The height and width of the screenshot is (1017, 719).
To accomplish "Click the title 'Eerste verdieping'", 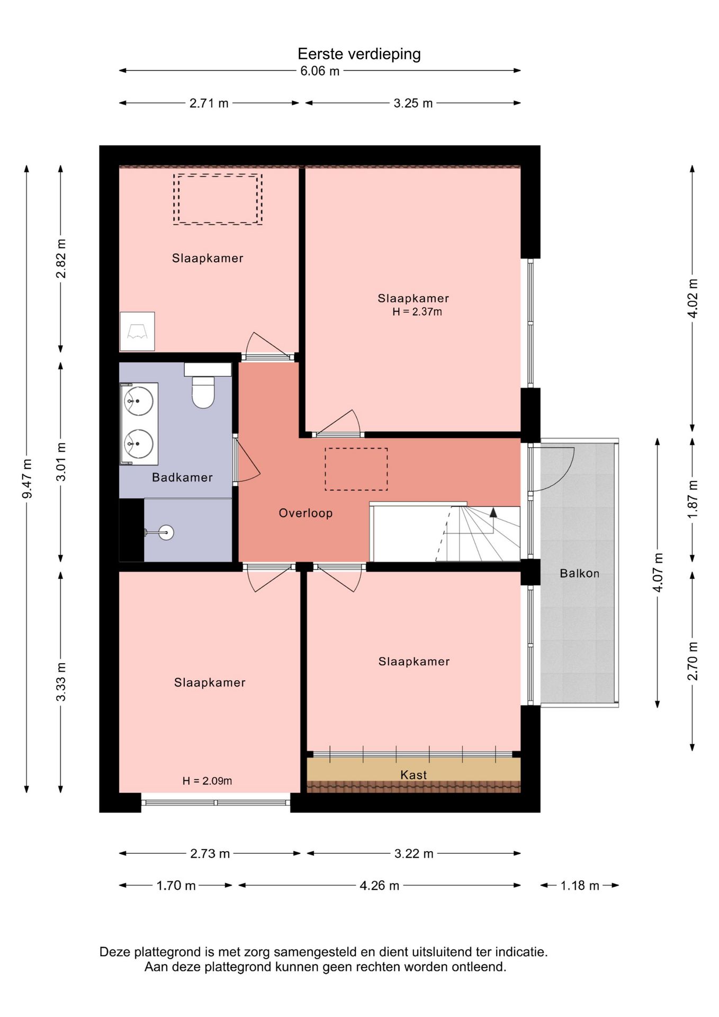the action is (359, 54).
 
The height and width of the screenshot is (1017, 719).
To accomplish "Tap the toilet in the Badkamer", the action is (203, 392).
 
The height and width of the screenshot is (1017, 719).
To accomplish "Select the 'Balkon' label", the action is (580, 573).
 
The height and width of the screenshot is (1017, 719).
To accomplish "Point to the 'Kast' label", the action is (414, 775).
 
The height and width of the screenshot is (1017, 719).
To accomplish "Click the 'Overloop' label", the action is (305, 513).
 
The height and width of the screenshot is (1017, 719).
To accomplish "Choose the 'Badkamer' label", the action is (182, 477).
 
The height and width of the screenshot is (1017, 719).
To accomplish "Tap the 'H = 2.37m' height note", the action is (417, 312).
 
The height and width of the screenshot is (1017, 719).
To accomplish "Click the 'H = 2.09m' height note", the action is (207, 781).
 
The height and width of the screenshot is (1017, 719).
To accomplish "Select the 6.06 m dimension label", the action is (320, 71).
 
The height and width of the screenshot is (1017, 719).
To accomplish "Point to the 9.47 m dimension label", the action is (27, 479).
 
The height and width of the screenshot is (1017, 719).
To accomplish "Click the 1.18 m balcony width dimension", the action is (580, 886).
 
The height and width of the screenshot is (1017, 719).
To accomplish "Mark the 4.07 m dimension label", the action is (658, 573).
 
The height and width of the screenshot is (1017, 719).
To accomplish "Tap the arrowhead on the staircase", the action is (493, 512).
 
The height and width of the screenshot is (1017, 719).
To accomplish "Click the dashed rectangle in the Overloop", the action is (356, 469).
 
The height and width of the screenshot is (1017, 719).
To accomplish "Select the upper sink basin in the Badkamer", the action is (139, 400).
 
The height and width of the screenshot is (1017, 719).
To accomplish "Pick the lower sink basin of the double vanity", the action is (139, 443).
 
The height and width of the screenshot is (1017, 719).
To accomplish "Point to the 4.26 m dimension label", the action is (380, 886).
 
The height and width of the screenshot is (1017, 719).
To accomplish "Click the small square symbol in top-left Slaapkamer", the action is (137, 331).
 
